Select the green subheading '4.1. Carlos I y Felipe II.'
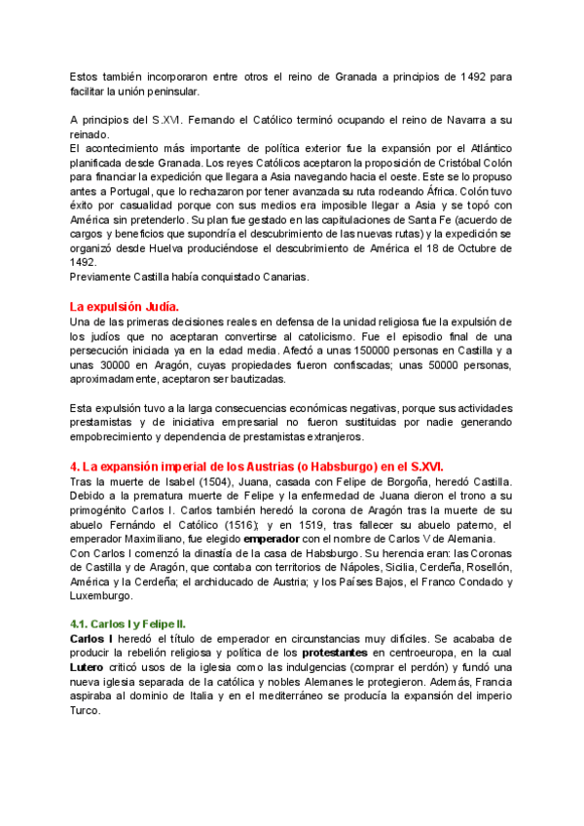tap(133, 622)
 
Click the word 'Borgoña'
tap(366, 481)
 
